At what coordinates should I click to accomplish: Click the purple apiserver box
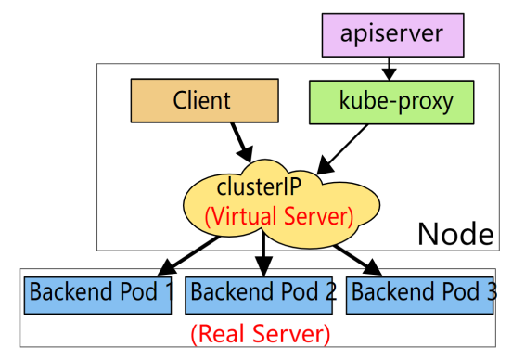tap(393, 35)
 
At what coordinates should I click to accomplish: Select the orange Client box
tap(205, 100)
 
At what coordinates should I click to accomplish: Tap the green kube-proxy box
tap(391, 102)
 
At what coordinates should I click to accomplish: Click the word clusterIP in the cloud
tap(259, 186)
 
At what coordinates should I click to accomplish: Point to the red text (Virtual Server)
tap(279, 216)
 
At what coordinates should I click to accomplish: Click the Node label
tap(455, 234)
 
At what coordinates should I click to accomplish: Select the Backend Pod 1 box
tap(97, 296)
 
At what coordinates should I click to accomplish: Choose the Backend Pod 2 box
tap(259, 296)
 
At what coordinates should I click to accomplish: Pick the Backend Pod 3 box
tap(419, 296)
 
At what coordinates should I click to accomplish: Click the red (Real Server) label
tap(261, 334)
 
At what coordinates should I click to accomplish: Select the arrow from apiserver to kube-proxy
tap(389, 69)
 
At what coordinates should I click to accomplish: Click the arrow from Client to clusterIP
tap(242, 143)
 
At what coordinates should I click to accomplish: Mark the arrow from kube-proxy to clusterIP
tap(342, 149)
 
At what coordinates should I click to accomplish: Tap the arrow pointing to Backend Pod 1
tap(188, 256)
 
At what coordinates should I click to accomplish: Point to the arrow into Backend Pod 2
tap(263, 253)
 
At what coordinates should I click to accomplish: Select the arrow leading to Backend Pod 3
tap(357, 260)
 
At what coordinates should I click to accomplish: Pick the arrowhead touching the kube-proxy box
tap(389, 75)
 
